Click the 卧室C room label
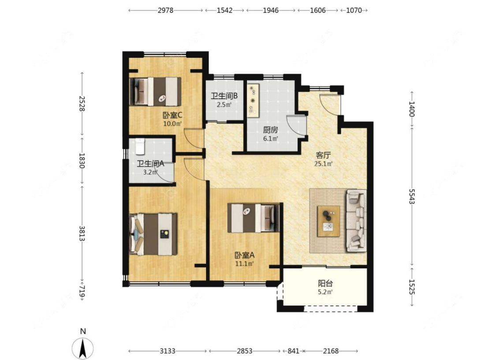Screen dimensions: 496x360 pos(172,115)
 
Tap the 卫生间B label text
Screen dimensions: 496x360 pos(224,96)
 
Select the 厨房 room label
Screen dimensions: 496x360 pos(270,130)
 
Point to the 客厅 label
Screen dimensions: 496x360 pos(323,156)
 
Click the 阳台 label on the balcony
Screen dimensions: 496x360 pos(325,283)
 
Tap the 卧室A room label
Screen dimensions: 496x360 pos(244,255)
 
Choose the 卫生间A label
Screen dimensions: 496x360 pos(150,164)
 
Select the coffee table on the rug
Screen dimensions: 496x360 pos(328,221)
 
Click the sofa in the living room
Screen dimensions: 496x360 pos(356,221)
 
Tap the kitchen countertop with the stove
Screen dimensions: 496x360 pos(253,100)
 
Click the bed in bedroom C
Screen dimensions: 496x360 pos(155,91)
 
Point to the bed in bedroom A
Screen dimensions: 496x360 pos(254,218)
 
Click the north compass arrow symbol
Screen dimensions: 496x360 pos(83,348)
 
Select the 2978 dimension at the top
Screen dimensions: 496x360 pos(165,11)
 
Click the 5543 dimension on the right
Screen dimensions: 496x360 pos(411,197)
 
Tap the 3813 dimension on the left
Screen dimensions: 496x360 pos(82,234)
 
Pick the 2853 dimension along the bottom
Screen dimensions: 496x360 pos(245,351)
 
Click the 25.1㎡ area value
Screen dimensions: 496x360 pos(323,164)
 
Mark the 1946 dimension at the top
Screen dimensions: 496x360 pos(271,11)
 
